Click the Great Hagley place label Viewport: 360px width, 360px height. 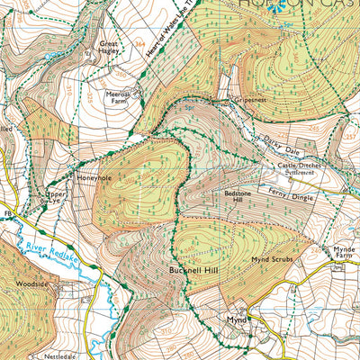coord(110,47)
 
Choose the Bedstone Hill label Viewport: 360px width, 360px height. coord(240,199)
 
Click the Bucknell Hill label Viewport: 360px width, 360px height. coord(189,268)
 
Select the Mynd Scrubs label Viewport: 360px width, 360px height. coord(273,258)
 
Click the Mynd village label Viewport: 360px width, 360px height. coord(236,319)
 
